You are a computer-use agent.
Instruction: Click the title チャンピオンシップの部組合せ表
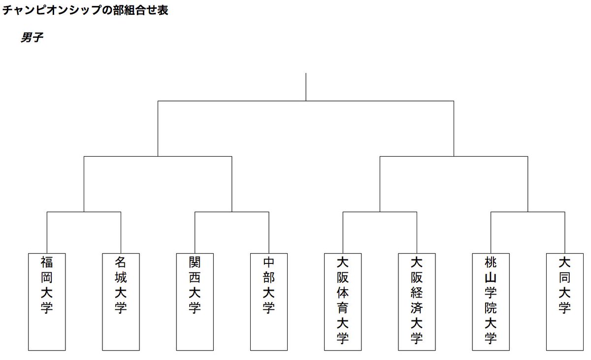85,10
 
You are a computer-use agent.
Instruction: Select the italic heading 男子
32,37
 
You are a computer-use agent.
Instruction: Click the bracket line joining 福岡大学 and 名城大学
84,212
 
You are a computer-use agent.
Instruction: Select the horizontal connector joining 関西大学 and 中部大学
232,212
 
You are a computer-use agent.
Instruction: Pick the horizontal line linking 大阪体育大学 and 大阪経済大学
380,212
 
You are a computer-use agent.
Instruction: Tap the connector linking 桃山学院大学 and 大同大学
528,212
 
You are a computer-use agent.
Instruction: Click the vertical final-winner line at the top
306,87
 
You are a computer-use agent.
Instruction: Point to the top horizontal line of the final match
306,101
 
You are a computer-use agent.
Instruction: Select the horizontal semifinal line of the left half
158,157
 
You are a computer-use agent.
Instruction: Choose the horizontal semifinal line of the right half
454,157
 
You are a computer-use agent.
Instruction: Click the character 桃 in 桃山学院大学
491,262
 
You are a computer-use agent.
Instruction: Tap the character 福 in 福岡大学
47,262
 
